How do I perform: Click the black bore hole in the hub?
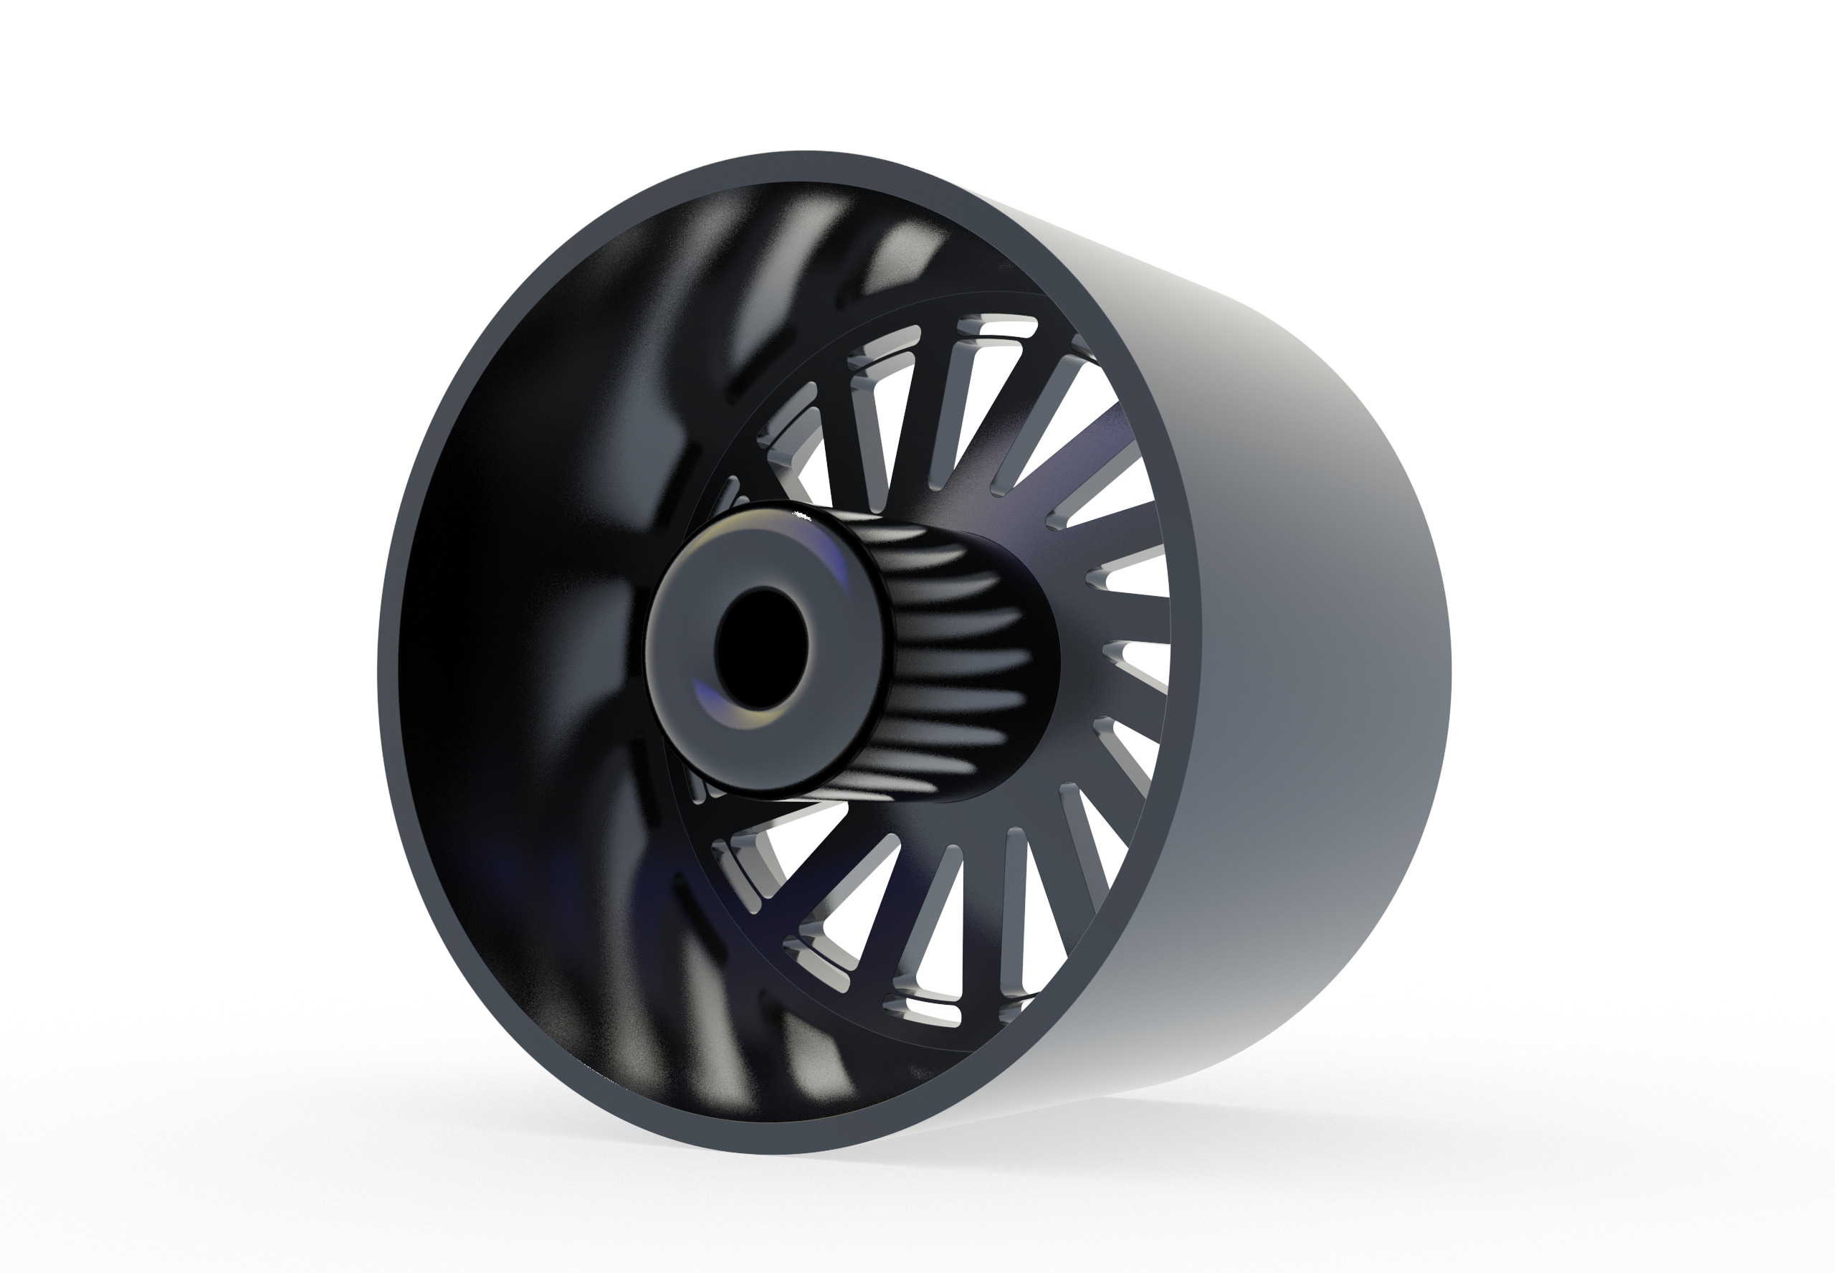pyautogui.click(x=761, y=648)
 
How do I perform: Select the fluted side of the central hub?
pyautogui.click(x=956, y=654)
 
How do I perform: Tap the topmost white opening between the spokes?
pyautogui.click(x=996, y=327)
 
